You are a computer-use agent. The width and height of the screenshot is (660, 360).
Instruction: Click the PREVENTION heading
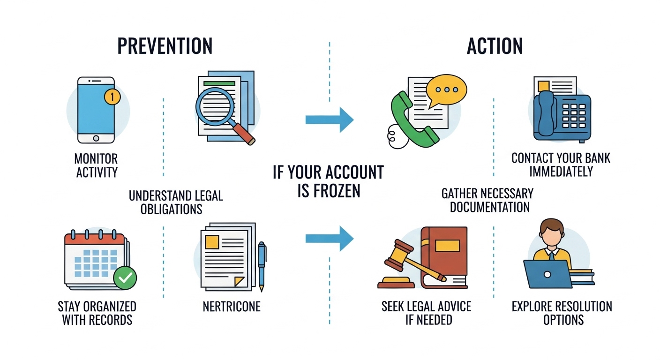click(x=165, y=46)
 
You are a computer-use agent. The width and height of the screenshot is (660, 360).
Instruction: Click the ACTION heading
click(x=495, y=46)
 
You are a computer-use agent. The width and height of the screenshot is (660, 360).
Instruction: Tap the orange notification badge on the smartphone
click(x=112, y=97)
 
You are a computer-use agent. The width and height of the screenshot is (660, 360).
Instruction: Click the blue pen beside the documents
click(x=262, y=265)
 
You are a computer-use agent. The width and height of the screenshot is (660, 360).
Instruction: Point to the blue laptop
click(x=547, y=274)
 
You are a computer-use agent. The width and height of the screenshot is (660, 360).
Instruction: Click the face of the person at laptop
click(x=551, y=235)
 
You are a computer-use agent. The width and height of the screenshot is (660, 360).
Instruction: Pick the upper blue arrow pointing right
click(x=329, y=120)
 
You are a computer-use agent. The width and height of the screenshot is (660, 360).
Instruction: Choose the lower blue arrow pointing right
click(x=329, y=238)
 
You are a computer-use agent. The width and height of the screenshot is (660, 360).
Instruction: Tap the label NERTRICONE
click(x=231, y=307)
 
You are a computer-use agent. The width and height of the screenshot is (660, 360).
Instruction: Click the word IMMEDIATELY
click(x=561, y=172)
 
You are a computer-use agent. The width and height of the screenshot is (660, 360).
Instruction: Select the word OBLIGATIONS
click(x=172, y=209)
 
